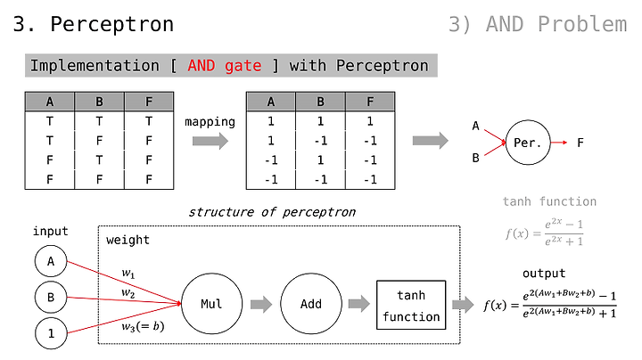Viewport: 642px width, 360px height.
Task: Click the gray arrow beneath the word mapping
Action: click(x=210, y=141)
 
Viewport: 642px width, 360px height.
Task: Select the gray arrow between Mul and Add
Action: click(x=261, y=305)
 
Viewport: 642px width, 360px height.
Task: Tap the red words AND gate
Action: click(x=225, y=65)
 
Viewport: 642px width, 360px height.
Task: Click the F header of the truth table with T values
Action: click(x=149, y=102)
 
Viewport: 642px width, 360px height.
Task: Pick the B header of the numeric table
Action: click(x=321, y=102)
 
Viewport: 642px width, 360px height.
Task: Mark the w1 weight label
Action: click(x=128, y=274)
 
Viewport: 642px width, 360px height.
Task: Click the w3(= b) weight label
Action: click(x=143, y=326)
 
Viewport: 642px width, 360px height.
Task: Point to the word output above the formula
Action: click(x=544, y=274)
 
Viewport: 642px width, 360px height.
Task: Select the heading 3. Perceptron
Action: click(x=94, y=24)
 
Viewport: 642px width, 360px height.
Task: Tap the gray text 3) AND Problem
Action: click(x=538, y=24)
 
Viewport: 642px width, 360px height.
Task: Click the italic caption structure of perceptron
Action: click(x=272, y=212)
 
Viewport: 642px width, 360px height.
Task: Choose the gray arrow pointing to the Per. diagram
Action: click(x=431, y=141)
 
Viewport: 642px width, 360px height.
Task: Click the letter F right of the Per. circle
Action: click(x=580, y=143)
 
